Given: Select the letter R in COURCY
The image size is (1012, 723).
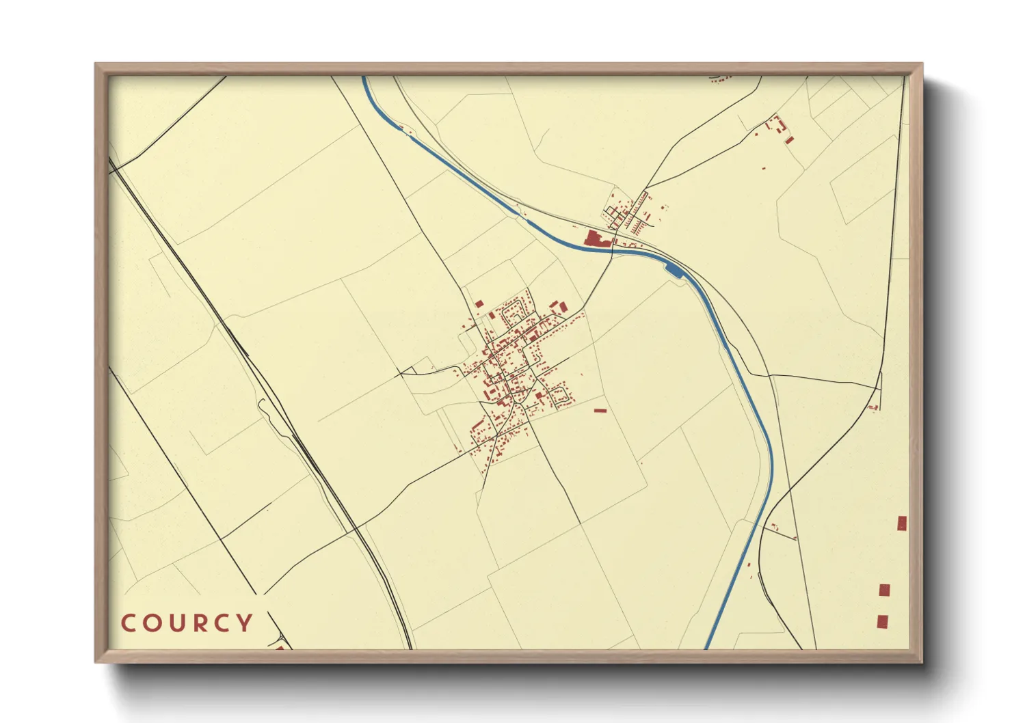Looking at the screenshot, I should (202, 623).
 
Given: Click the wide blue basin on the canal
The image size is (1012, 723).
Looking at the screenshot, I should (674, 271).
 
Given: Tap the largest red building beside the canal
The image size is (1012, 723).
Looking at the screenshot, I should (594, 238).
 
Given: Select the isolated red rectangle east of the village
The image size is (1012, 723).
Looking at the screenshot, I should (600, 411).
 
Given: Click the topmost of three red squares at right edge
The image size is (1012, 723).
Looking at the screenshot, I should (902, 523).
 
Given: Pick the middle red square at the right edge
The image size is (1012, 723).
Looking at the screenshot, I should (884, 590).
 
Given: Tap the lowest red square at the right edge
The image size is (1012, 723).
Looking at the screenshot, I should (883, 621).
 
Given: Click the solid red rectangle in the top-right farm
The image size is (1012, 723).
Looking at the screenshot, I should (790, 140).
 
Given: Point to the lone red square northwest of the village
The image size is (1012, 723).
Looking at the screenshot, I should (479, 303).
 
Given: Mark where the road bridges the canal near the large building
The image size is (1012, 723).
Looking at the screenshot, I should (613, 248).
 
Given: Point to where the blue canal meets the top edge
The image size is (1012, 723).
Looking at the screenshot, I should (364, 78).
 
